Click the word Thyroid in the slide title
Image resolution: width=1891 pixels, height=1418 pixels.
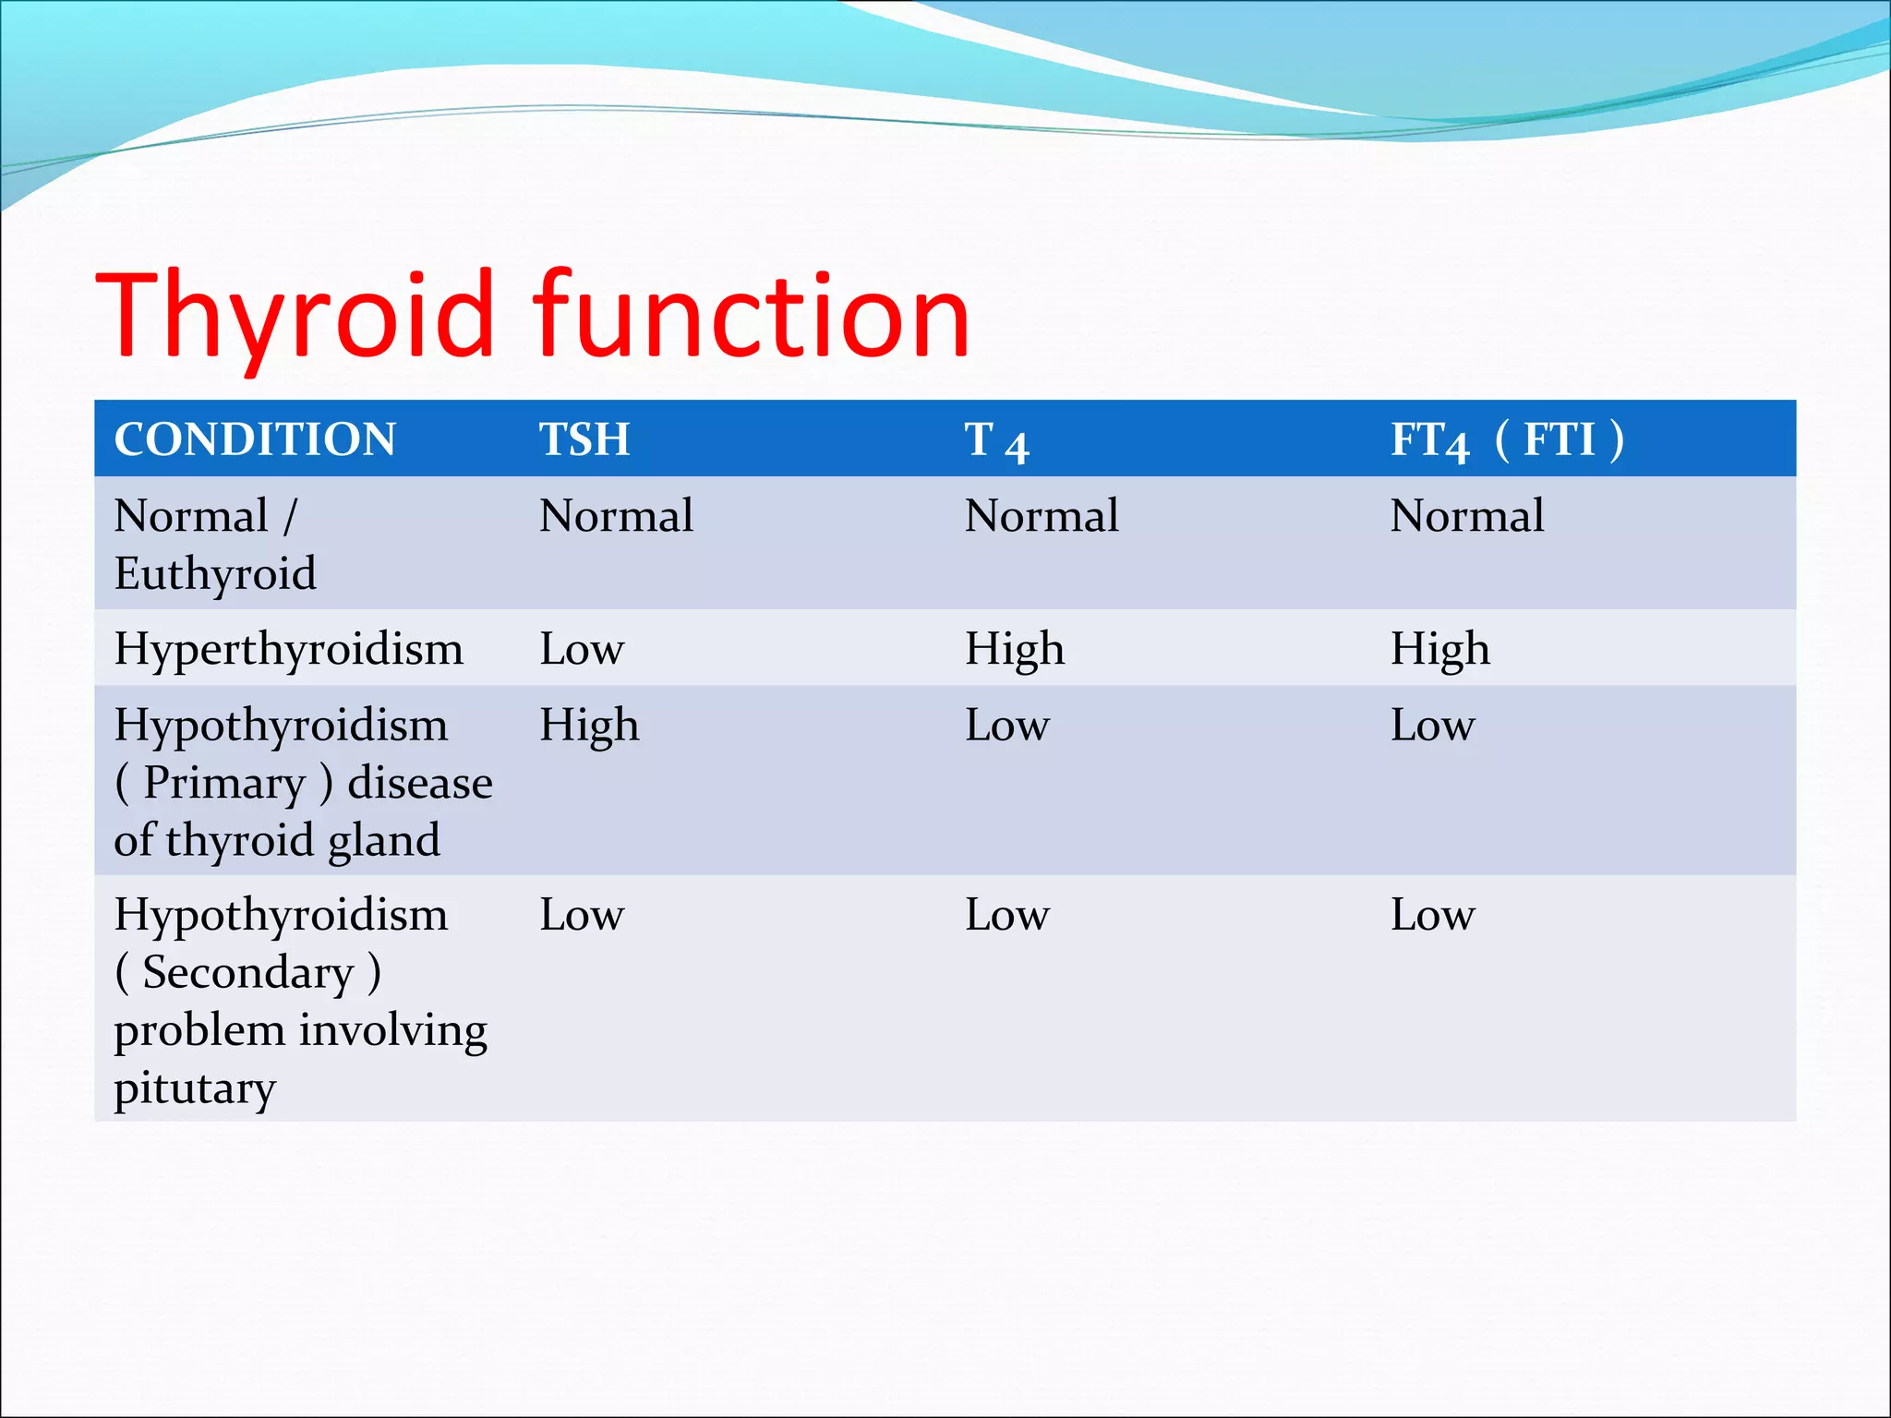point(295,315)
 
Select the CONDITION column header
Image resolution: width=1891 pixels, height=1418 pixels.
point(255,439)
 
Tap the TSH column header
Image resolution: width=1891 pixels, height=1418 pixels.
point(584,439)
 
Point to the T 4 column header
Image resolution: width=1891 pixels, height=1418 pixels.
point(996,441)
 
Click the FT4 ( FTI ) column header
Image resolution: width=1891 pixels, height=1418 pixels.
point(1507,440)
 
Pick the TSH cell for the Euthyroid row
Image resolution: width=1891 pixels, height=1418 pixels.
point(616,516)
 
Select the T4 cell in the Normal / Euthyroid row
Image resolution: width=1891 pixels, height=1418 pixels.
point(1042,516)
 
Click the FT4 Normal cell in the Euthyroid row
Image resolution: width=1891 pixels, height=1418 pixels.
point(1467,516)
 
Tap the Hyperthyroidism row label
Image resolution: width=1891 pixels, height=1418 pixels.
point(288,649)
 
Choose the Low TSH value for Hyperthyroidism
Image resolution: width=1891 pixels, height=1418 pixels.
point(582,649)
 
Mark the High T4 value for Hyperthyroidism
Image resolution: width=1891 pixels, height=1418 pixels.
point(1015,649)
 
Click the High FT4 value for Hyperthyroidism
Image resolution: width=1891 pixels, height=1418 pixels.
point(1440,649)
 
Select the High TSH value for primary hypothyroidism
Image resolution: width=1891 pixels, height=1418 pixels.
point(589,726)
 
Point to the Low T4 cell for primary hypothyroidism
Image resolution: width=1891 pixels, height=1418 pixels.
point(1007,726)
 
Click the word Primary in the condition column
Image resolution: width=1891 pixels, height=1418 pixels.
point(224,784)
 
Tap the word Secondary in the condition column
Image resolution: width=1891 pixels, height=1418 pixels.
point(248,973)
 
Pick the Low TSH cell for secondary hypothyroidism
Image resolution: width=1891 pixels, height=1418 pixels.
point(582,916)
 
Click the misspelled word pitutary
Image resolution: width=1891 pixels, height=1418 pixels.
point(195,1088)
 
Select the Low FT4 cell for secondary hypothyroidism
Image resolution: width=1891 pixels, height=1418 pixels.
point(1433,916)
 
